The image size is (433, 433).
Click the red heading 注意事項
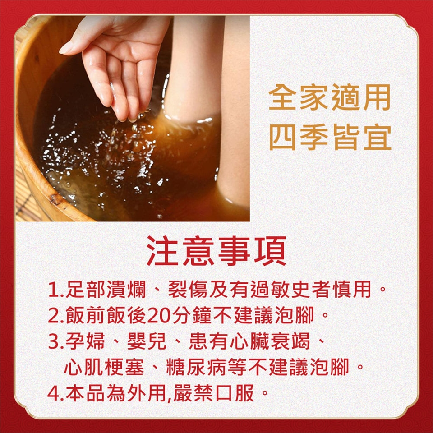click(x=216, y=251)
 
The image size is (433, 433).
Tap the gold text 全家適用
click(x=329, y=97)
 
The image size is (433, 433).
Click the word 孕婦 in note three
click(x=85, y=341)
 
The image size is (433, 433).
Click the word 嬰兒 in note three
click(x=147, y=341)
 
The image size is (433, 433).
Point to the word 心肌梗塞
click(x=104, y=367)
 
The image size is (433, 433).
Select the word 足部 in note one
click(x=85, y=290)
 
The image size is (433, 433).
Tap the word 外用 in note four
click(x=147, y=393)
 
